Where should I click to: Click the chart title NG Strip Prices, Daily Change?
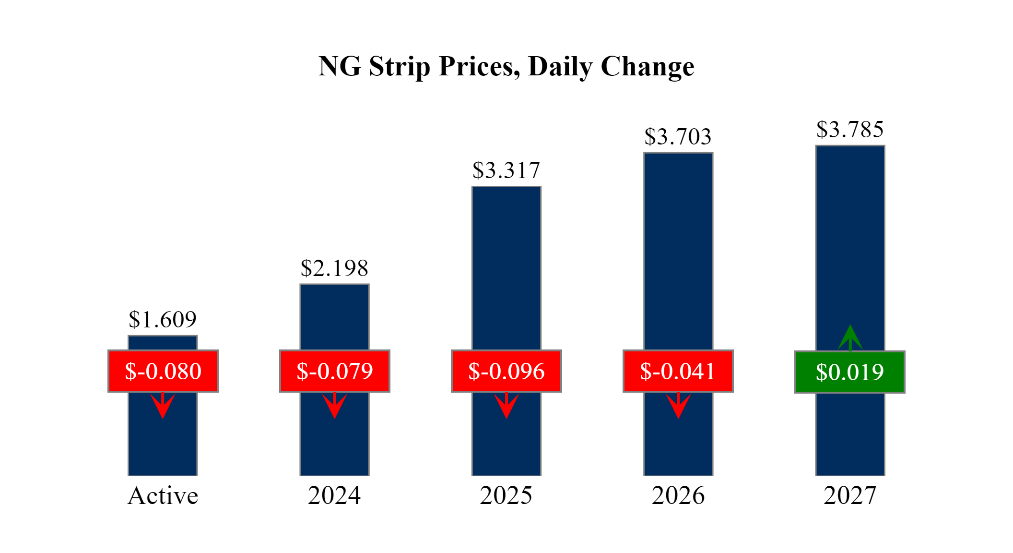(x=506, y=66)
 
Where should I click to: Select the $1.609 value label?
(x=163, y=320)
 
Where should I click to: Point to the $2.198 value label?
(x=334, y=268)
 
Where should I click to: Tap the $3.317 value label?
(x=506, y=170)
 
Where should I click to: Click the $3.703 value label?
(x=678, y=137)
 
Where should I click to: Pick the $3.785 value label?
(x=850, y=130)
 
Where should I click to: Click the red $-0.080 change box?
(x=163, y=371)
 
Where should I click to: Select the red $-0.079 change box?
(x=335, y=371)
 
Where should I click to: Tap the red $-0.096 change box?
(x=506, y=371)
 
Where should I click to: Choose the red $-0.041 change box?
(x=678, y=371)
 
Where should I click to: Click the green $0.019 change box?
(x=850, y=372)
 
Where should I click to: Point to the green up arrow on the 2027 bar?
(x=850, y=338)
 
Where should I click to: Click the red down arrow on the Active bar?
(x=163, y=406)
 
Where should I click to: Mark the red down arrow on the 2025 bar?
(x=506, y=406)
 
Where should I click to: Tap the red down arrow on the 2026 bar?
(x=678, y=406)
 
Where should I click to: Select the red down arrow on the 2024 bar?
(x=334, y=406)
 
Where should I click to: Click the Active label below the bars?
(x=163, y=496)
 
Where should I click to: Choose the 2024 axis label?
(x=334, y=496)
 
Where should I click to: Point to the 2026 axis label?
(x=678, y=496)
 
